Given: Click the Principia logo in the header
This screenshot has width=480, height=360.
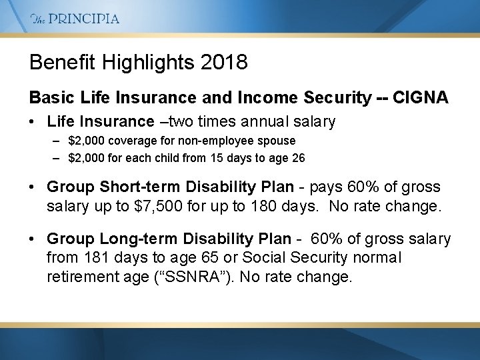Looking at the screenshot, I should click(x=75, y=19).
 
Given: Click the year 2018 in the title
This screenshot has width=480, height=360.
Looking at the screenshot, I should click(x=225, y=63).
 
